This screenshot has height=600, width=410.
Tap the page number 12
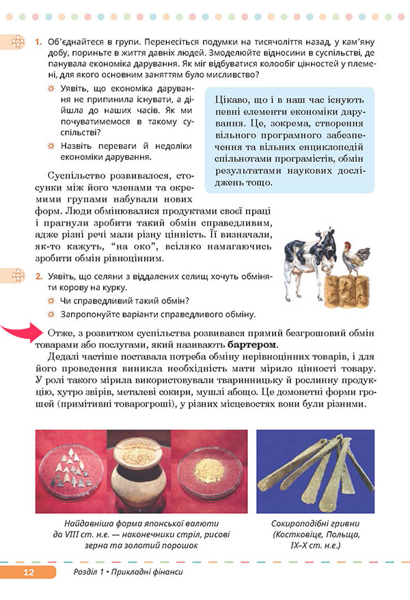pos(28,573)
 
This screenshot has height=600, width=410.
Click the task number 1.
pos(38,43)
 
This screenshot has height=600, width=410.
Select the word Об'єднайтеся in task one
pos(68,43)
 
